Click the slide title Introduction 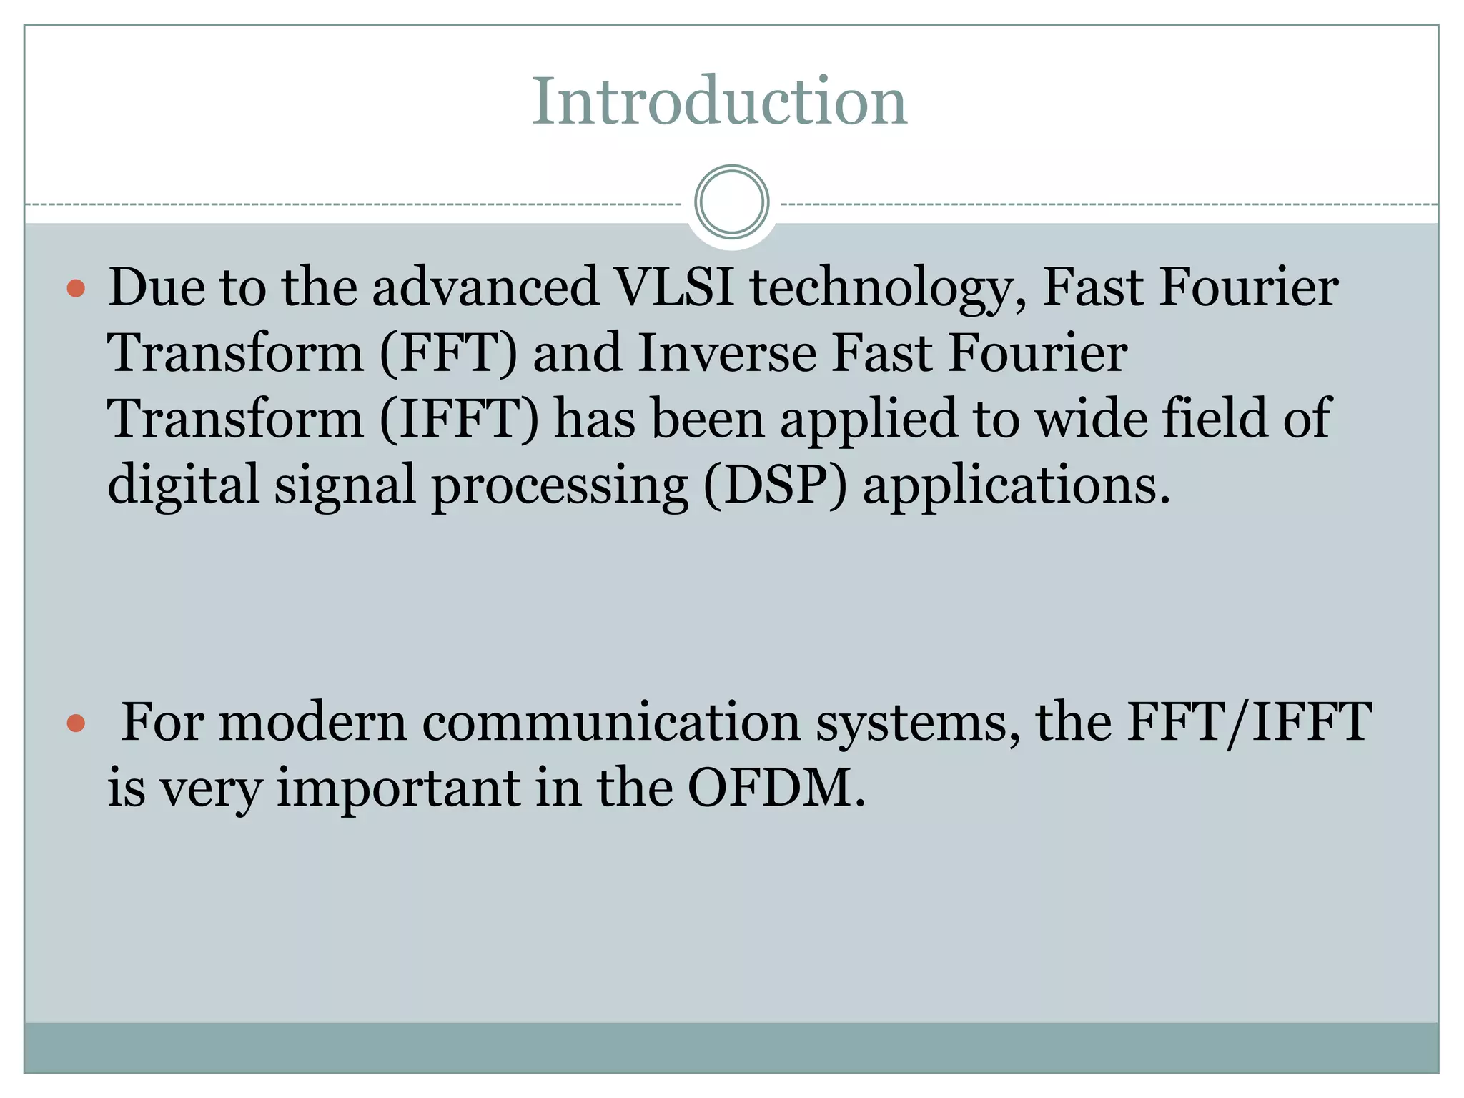[x=719, y=102]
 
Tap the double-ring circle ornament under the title [x=731, y=202]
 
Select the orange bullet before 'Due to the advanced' [x=76, y=289]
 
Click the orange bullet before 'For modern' [x=76, y=723]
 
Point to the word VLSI [x=675, y=287]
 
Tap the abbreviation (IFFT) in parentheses [x=459, y=419]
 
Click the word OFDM [x=776, y=788]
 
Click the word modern [x=312, y=722]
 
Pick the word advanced [x=485, y=287]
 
